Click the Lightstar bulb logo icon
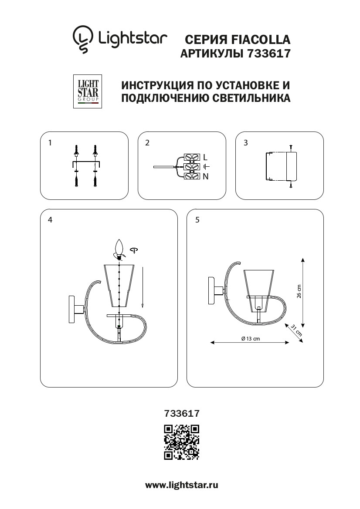(x=83, y=39)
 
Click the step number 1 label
(x=51, y=142)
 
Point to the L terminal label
(x=206, y=157)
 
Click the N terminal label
(x=206, y=176)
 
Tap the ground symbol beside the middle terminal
(x=207, y=167)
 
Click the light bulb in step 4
(x=118, y=249)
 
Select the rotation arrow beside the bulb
(x=134, y=250)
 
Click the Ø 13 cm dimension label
(x=250, y=339)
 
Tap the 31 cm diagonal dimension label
(x=296, y=331)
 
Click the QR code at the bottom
(x=181, y=442)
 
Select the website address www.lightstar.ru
(x=181, y=485)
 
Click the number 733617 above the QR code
(x=181, y=411)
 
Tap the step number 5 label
(x=197, y=220)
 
